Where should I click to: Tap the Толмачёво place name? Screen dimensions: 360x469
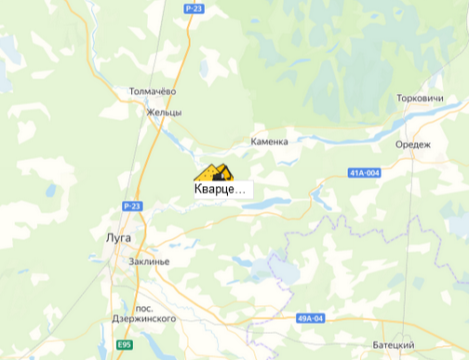(x=153, y=92)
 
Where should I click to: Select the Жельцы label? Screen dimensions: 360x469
(x=164, y=112)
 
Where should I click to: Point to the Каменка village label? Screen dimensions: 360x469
(x=270, y=141)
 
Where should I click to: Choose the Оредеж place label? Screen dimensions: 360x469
(x=413, y=144)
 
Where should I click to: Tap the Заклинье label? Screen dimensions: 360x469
(x=150, y=261)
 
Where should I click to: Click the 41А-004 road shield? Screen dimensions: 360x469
(x=365, y=173)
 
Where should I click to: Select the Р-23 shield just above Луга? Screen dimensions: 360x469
(x=131, y=205)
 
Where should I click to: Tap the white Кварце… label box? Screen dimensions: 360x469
(x=221, y=189)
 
